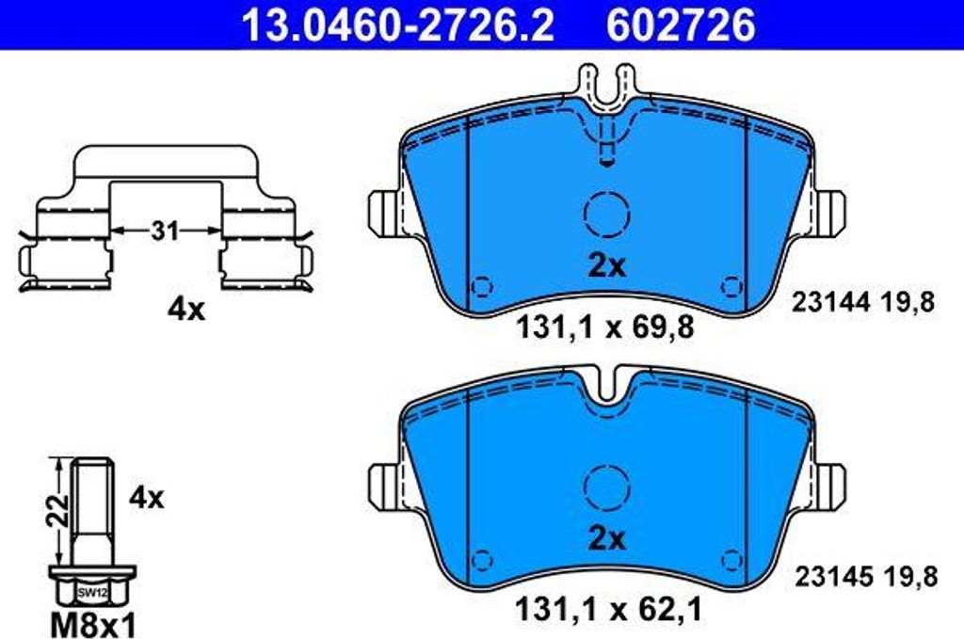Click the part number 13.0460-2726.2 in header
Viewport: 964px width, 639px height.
point(398,25)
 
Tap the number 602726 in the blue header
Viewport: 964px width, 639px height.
point(681,25)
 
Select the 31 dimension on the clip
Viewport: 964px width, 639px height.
point(166,231)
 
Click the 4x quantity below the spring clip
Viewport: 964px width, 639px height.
point(185,311)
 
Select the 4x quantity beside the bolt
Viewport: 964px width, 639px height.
point(146,498)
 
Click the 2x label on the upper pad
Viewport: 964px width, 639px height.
point(607,266)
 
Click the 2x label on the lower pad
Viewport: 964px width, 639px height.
point(607,539)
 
